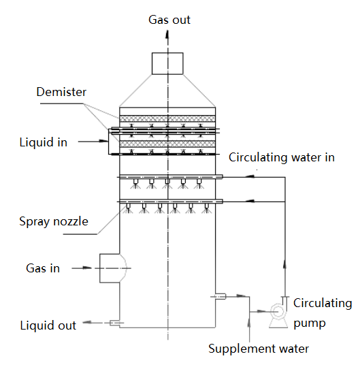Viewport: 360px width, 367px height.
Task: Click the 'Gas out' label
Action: click(x=169, y=20)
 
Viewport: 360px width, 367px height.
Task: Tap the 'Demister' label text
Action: click(x=61, y=92)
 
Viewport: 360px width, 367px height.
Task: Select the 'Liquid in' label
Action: click(x=44, y=142)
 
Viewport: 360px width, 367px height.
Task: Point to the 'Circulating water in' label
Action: click(x=282, y=157)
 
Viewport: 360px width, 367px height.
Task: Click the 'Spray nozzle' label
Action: click(x=54, y=221)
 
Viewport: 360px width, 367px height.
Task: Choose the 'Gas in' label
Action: click(x=43, y=268)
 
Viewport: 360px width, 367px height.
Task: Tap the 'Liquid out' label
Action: click(x=48, y=325)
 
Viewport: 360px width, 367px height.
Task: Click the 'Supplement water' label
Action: click(x=259, y=349)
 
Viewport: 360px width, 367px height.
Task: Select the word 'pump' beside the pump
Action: click(x=310, y=323)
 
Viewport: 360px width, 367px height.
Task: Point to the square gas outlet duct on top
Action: click(x=167, y=63)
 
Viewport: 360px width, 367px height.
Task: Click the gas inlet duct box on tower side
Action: click(x=110, y=268)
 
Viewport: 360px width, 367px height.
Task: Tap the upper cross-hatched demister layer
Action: click(x=167, y=118)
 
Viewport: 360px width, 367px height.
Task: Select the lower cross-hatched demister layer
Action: click(x=167, y=144)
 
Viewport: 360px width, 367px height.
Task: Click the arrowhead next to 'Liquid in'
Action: click(x=103, y=141)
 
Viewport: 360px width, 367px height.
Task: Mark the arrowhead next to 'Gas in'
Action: click(x=88, y=268)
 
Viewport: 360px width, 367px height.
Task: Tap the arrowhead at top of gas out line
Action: click(x=167, y=34)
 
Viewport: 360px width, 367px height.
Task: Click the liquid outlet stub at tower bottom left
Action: click(x=114, y=323)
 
